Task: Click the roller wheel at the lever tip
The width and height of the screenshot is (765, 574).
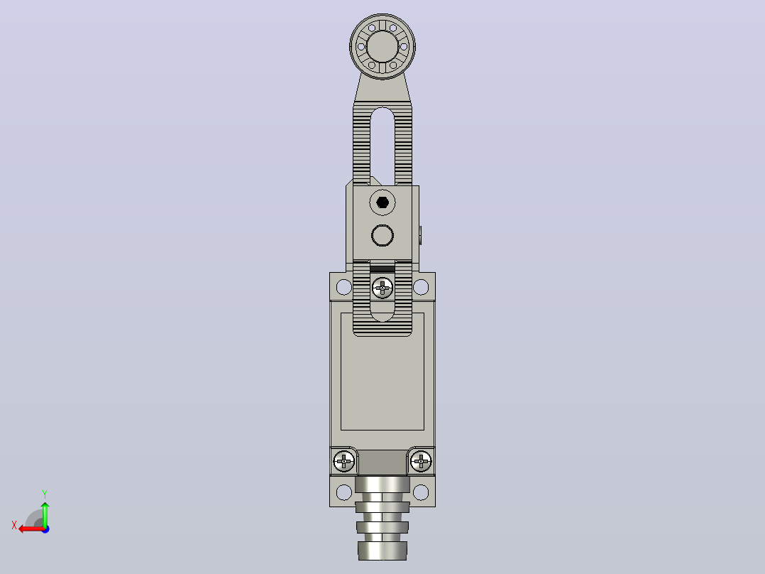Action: pyautogui.click(x=382, y=46)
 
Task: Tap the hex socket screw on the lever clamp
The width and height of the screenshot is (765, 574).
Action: pyautogui.click(x=382, y=202)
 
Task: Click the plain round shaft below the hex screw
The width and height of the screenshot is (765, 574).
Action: pyautogui.click(x=382, y=235)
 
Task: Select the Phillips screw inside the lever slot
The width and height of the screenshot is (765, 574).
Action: pyautogui.click(x=382, y=288)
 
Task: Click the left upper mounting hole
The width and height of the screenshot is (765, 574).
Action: pyautogui.click(x=344, y=287)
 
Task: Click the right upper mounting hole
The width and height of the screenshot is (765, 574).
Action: pyautogui.click(x=421, y=287)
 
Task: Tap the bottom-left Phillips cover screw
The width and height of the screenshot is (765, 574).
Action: pyautogui.click(x=344, y=460)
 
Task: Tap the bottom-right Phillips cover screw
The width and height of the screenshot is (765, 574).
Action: pyautogui.click(x=421, y=460)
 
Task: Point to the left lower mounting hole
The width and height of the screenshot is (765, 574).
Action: pyautogui.click(x=344, y=492)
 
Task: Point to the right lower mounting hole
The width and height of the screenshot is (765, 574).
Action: pyautogui.click(x=421, y=492)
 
